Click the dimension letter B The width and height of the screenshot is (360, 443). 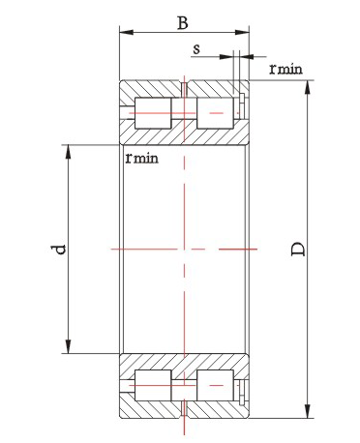(x=183, y=23)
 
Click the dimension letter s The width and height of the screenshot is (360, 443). (x=196, y=49)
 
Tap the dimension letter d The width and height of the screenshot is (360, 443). (x=58, y=250)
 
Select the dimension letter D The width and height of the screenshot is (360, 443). (x=298, y=249)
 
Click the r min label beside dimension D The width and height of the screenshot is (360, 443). (x=285, y=69)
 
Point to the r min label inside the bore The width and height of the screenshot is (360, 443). (x=142, y=158)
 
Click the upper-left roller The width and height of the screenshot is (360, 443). (x=153, y=113)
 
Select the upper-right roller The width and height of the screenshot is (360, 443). (x=215, y=113)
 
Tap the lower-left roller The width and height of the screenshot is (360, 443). (x=153, y=385)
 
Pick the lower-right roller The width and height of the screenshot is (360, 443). (x=215, y=385)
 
